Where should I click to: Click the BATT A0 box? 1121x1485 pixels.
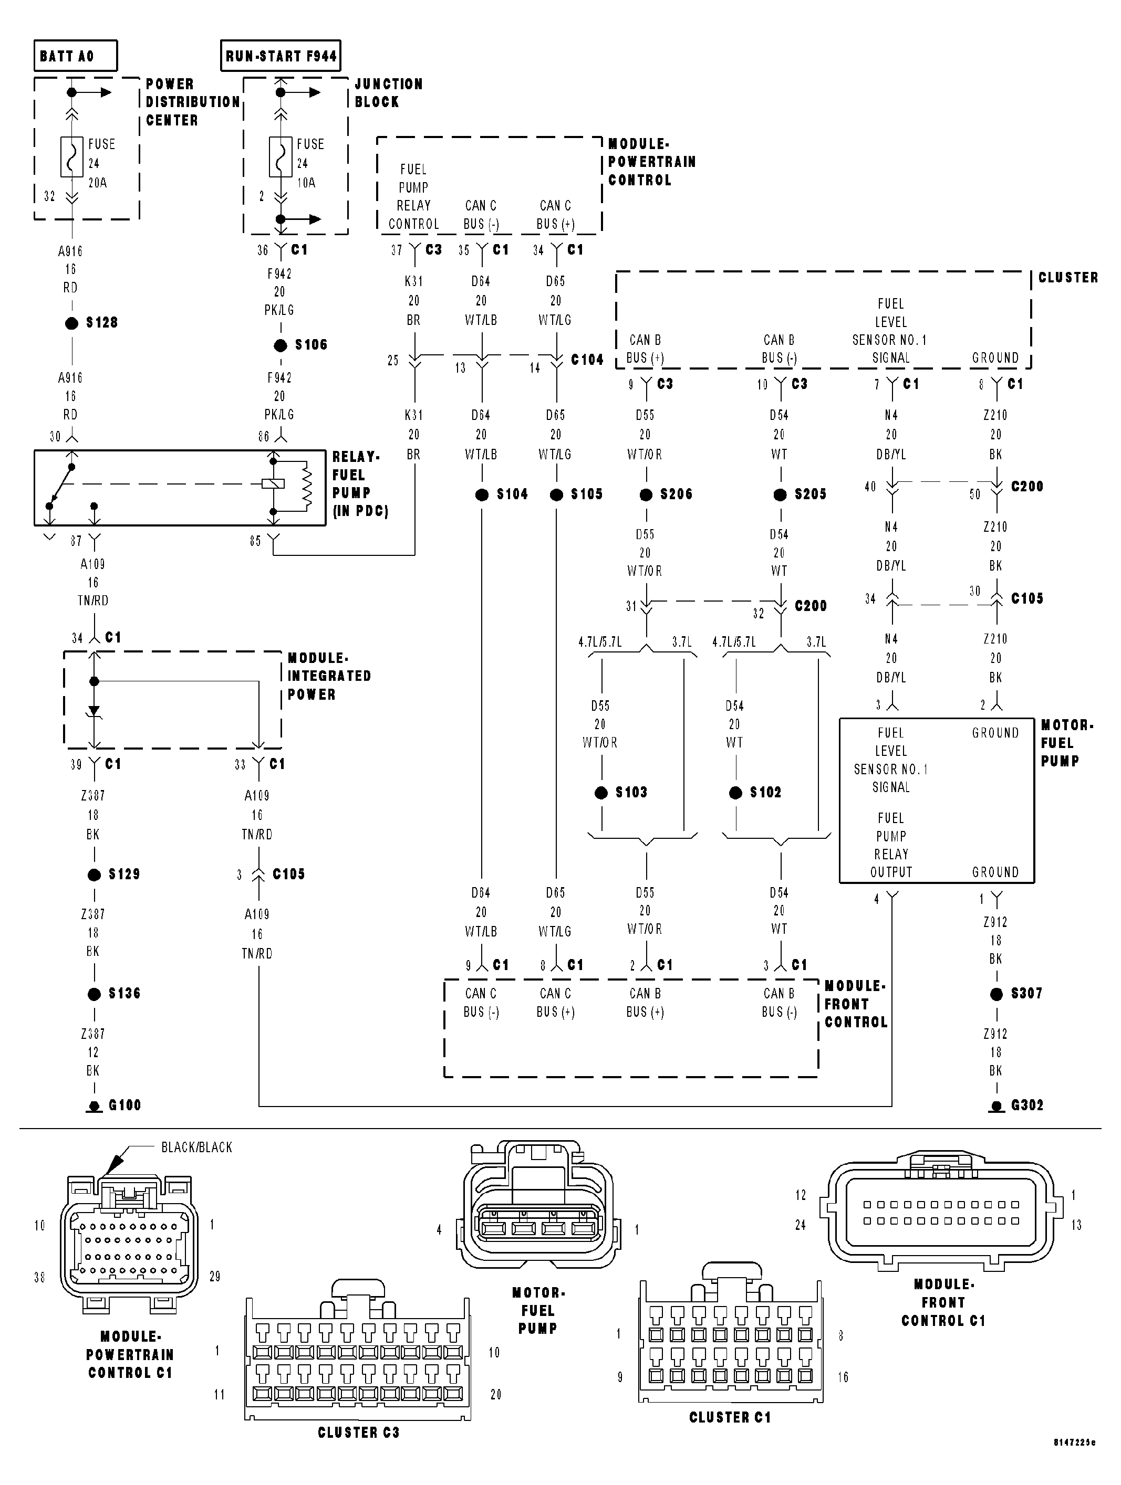point(75,56)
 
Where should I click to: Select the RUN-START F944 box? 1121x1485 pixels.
point(281,56)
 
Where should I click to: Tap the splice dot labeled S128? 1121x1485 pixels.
point(72,323)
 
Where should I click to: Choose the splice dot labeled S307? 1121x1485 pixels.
point(997,994)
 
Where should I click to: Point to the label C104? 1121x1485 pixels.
point(587,360)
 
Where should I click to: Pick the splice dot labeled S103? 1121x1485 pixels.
point(601,793)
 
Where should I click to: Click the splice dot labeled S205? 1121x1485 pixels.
point(780,495)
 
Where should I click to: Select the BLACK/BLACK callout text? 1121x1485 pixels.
point(197,1147)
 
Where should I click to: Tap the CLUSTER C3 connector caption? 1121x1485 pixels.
point(358,1433)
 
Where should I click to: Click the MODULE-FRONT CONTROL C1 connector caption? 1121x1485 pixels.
point(943,1302)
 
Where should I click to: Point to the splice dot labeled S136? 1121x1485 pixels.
point(94,994)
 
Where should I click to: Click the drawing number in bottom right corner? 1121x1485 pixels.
point(1073,1461)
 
